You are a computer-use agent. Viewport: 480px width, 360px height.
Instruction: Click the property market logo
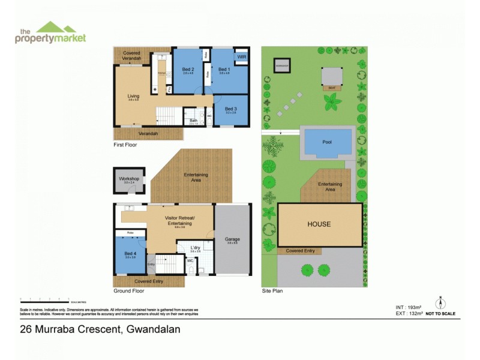(50, 32)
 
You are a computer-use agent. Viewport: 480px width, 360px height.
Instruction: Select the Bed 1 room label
(224, 70)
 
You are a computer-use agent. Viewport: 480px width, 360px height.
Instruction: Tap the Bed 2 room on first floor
(188, 70)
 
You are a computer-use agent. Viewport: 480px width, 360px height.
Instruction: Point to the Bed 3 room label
(230, 109)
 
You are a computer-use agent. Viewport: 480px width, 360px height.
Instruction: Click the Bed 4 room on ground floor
(130, 254)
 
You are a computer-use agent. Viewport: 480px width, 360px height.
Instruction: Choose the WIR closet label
(241, 56)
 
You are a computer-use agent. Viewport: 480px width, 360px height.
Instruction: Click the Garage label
(232, 239)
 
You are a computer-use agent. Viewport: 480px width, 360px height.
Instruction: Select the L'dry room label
(195, 248)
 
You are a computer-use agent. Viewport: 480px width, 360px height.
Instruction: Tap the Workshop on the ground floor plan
(129, 179)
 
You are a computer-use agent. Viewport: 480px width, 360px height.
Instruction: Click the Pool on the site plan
(326, 143)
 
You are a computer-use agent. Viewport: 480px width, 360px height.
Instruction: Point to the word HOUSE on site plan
(319, 224)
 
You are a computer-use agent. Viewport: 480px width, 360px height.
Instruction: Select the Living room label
(133, 96)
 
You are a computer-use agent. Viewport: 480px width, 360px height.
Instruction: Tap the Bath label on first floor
(194, 120)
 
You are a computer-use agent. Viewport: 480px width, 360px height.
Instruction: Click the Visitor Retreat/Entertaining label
(180, 220)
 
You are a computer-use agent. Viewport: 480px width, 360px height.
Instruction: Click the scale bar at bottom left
(44, 299)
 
